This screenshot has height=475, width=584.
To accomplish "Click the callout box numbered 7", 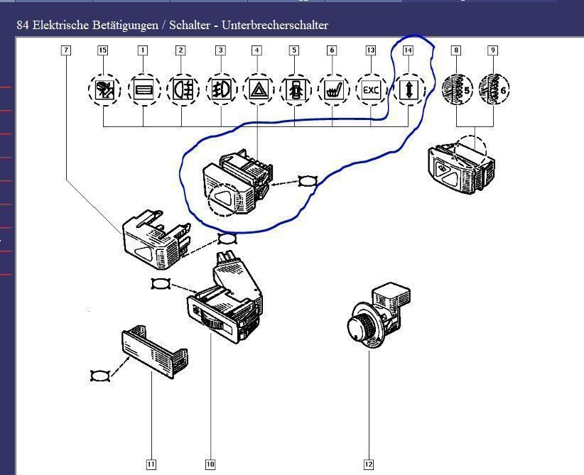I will coord(66,50).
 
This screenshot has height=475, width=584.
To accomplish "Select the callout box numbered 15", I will coord(103,50).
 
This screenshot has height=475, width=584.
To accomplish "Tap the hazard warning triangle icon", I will coord(256,90).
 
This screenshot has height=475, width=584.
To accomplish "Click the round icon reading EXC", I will coord(371,90).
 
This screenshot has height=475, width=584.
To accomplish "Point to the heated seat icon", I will coord(332,90).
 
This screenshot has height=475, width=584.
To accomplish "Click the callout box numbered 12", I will coord(369,464).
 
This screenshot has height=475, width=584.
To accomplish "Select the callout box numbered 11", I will coord(151,464).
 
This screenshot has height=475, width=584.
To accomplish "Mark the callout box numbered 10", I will coord(210,464).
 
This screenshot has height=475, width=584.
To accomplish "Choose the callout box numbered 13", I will coord(371,50).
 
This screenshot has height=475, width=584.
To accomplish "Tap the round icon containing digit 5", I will coord(457,90).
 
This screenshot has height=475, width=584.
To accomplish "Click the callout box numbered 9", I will coord(493,50).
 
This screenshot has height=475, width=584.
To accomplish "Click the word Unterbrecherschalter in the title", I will coord(275,25).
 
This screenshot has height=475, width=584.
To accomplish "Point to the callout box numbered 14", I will coord(408,50).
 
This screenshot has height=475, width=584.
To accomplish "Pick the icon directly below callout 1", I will coord(143,90).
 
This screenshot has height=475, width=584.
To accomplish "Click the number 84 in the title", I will coord(22,25).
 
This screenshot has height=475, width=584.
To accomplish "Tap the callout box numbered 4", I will coord(256,50).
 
